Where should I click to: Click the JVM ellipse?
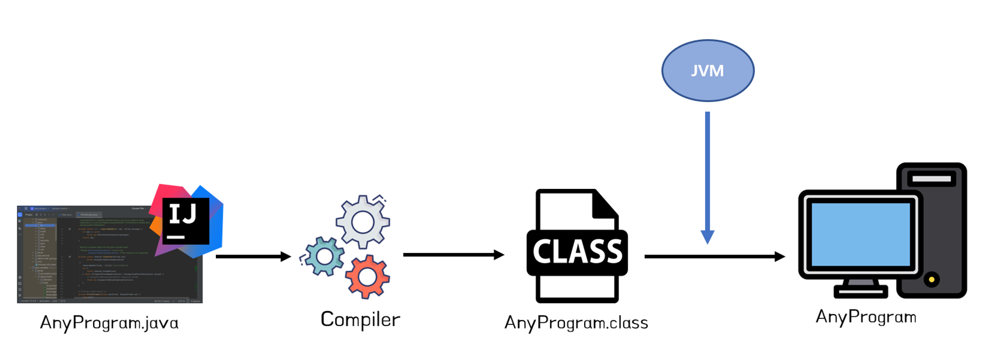click(x=707, y=71)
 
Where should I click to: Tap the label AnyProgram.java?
click(x=109, y=323)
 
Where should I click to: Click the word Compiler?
click(x=360, y=319)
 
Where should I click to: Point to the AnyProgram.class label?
click(x=576, y=323)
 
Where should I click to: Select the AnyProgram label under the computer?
click(x=866, y=317)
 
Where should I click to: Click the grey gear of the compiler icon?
click(x=362, y=222)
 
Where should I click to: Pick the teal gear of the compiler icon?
click(x=324, y=256)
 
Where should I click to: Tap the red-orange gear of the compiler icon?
click(x=367, y=277)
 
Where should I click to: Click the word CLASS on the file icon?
click(x=577, y=252)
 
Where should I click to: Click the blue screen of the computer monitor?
click(x=860, y=234)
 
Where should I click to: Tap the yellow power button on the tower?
click(x=931, y=280)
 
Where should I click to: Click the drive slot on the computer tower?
click(x=931, y=179)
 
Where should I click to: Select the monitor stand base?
click(x=860, y=292)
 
